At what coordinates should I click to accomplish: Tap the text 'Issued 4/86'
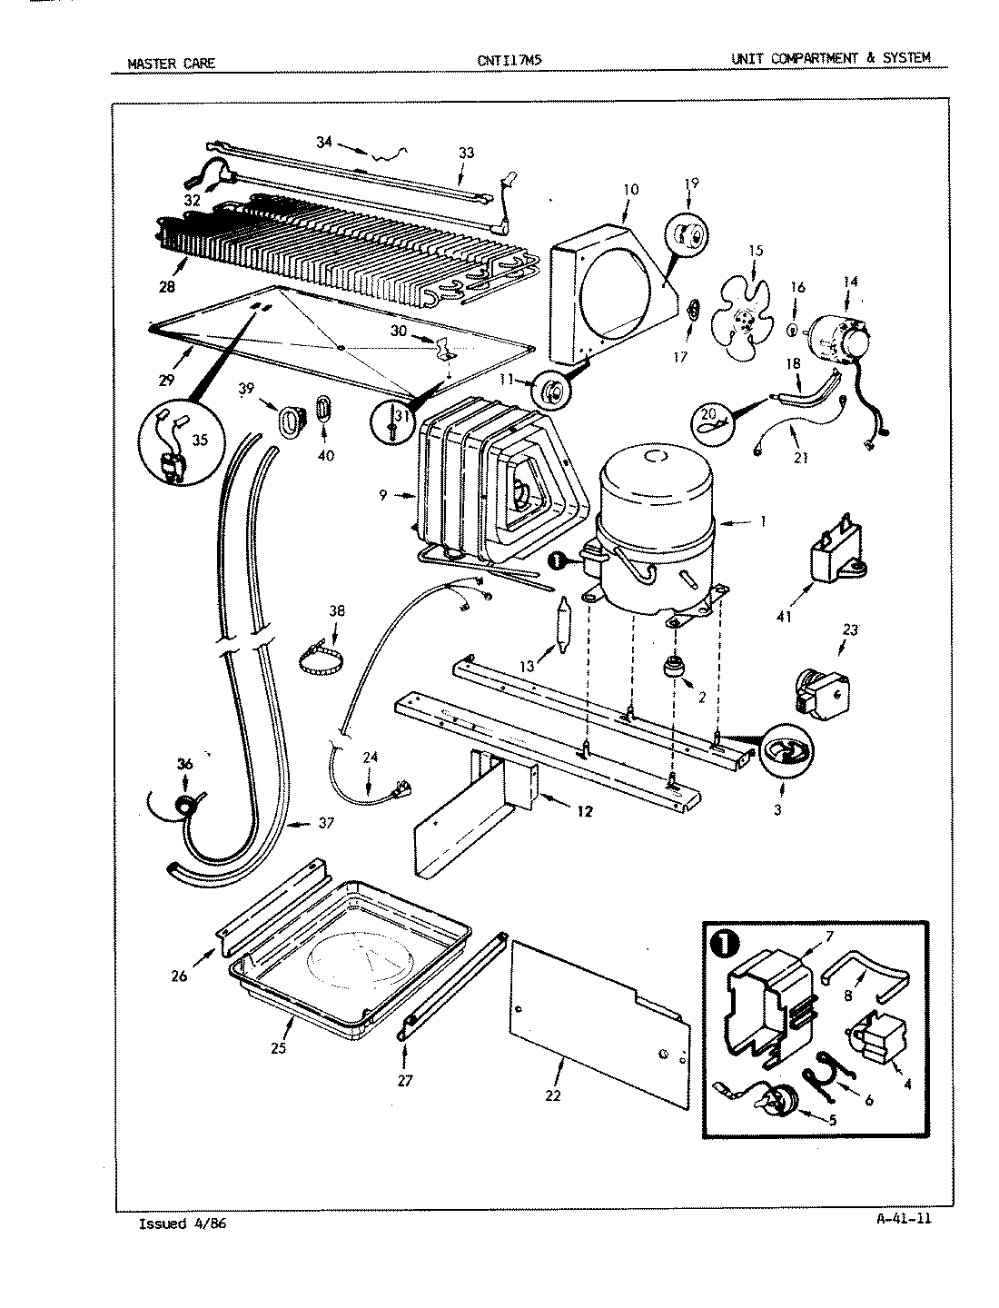[x=182, y=1224]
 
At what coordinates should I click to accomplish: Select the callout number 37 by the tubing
[x=326, y=824]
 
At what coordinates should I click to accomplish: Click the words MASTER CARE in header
[x=170, y=62]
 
